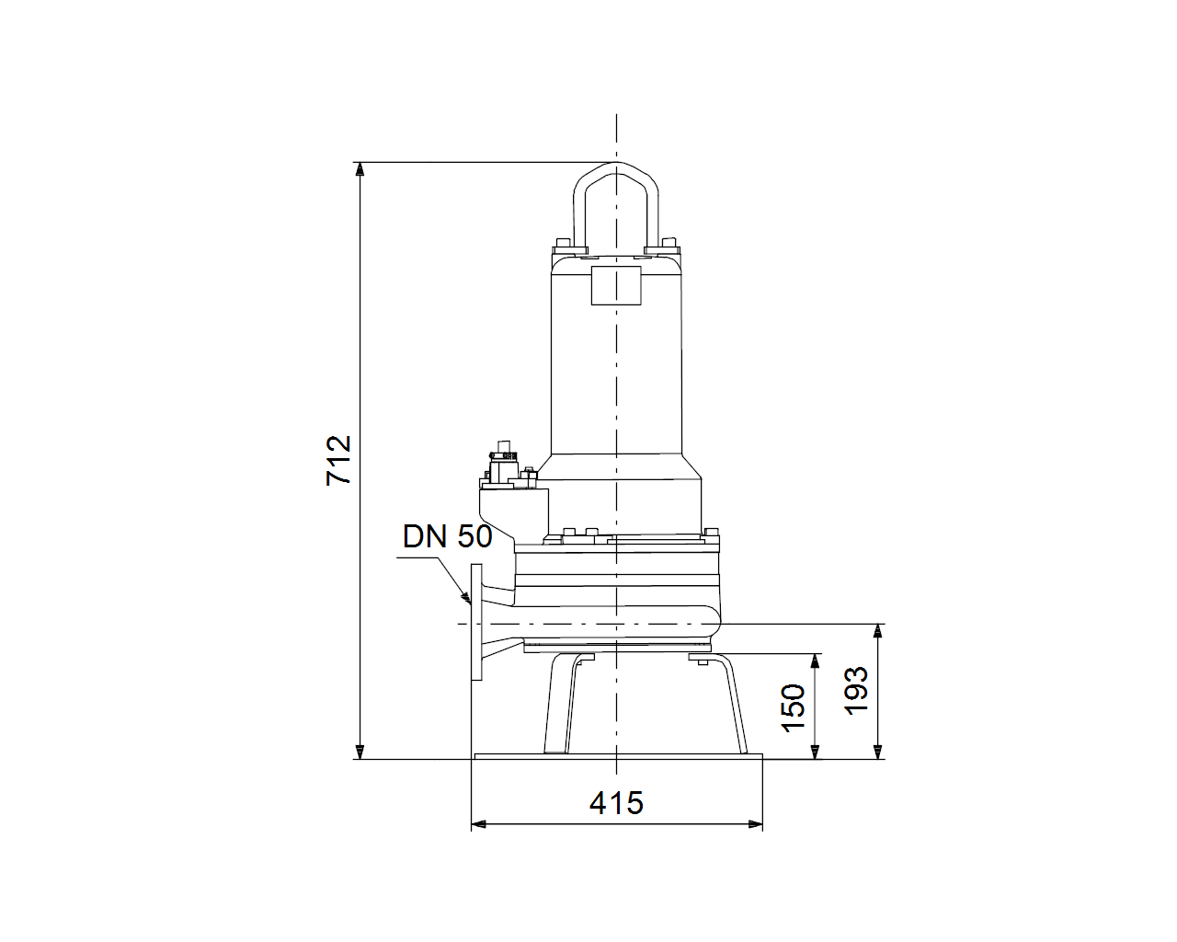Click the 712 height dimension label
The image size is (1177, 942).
click(x=338, y=460)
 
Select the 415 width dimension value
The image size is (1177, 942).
click(x=616, y=803)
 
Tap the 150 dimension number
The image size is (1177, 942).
click(x=793, y=707)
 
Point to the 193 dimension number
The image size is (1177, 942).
click(x=856, y=691)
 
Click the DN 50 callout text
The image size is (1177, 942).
click(x=448, y=536)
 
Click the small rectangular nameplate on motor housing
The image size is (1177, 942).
click(x=616, y=285)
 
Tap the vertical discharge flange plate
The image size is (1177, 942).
click(x=476, y=623)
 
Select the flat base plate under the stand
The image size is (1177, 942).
click(x=618, y=756)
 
